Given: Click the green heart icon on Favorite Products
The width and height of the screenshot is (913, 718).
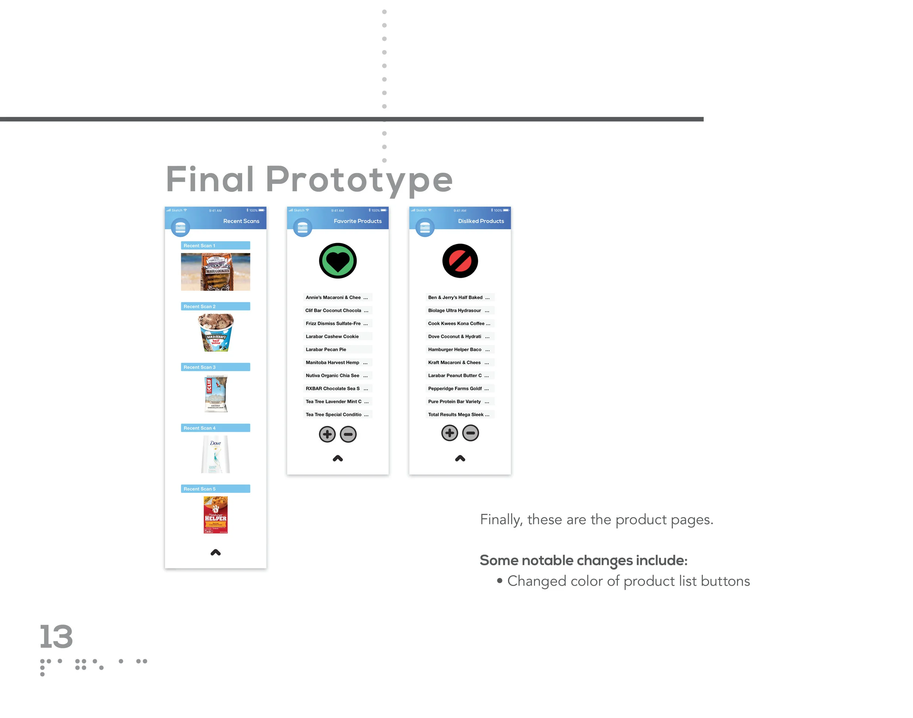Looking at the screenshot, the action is click(338, 261).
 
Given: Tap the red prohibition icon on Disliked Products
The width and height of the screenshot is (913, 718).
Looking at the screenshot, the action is click(460, 261).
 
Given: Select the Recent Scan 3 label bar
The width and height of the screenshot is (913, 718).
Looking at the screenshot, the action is click(215, 367).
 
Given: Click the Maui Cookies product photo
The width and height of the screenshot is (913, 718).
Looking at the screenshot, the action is click(215, 272).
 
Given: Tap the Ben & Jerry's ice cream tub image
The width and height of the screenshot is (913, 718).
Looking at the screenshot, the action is click(215, 333).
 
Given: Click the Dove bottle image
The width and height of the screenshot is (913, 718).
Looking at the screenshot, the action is click(215, 454).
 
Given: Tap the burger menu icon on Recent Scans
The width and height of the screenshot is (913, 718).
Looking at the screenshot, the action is click(180, 227).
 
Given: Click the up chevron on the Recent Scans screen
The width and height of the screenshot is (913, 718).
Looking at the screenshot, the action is click(215, 552).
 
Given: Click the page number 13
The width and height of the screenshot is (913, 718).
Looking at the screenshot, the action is click(56, 636).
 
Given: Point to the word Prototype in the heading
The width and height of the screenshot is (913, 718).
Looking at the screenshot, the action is click(359, 180).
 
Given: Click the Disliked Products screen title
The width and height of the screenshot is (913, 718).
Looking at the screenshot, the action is click(481, 221).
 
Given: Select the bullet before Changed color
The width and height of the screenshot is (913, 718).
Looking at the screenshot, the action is click(499, 581).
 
